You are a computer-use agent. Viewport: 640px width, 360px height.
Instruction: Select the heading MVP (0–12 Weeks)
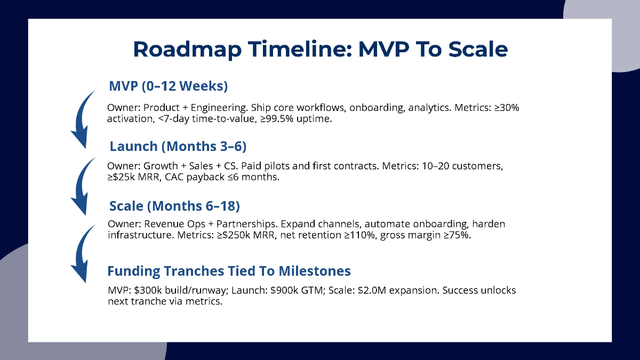pos(169,86)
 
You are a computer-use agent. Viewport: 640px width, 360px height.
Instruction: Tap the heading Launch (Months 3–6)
pos(178,146)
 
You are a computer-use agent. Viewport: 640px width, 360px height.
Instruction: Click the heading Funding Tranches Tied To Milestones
pos(229,271)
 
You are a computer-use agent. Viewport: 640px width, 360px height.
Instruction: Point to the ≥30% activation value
pos(504,108)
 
